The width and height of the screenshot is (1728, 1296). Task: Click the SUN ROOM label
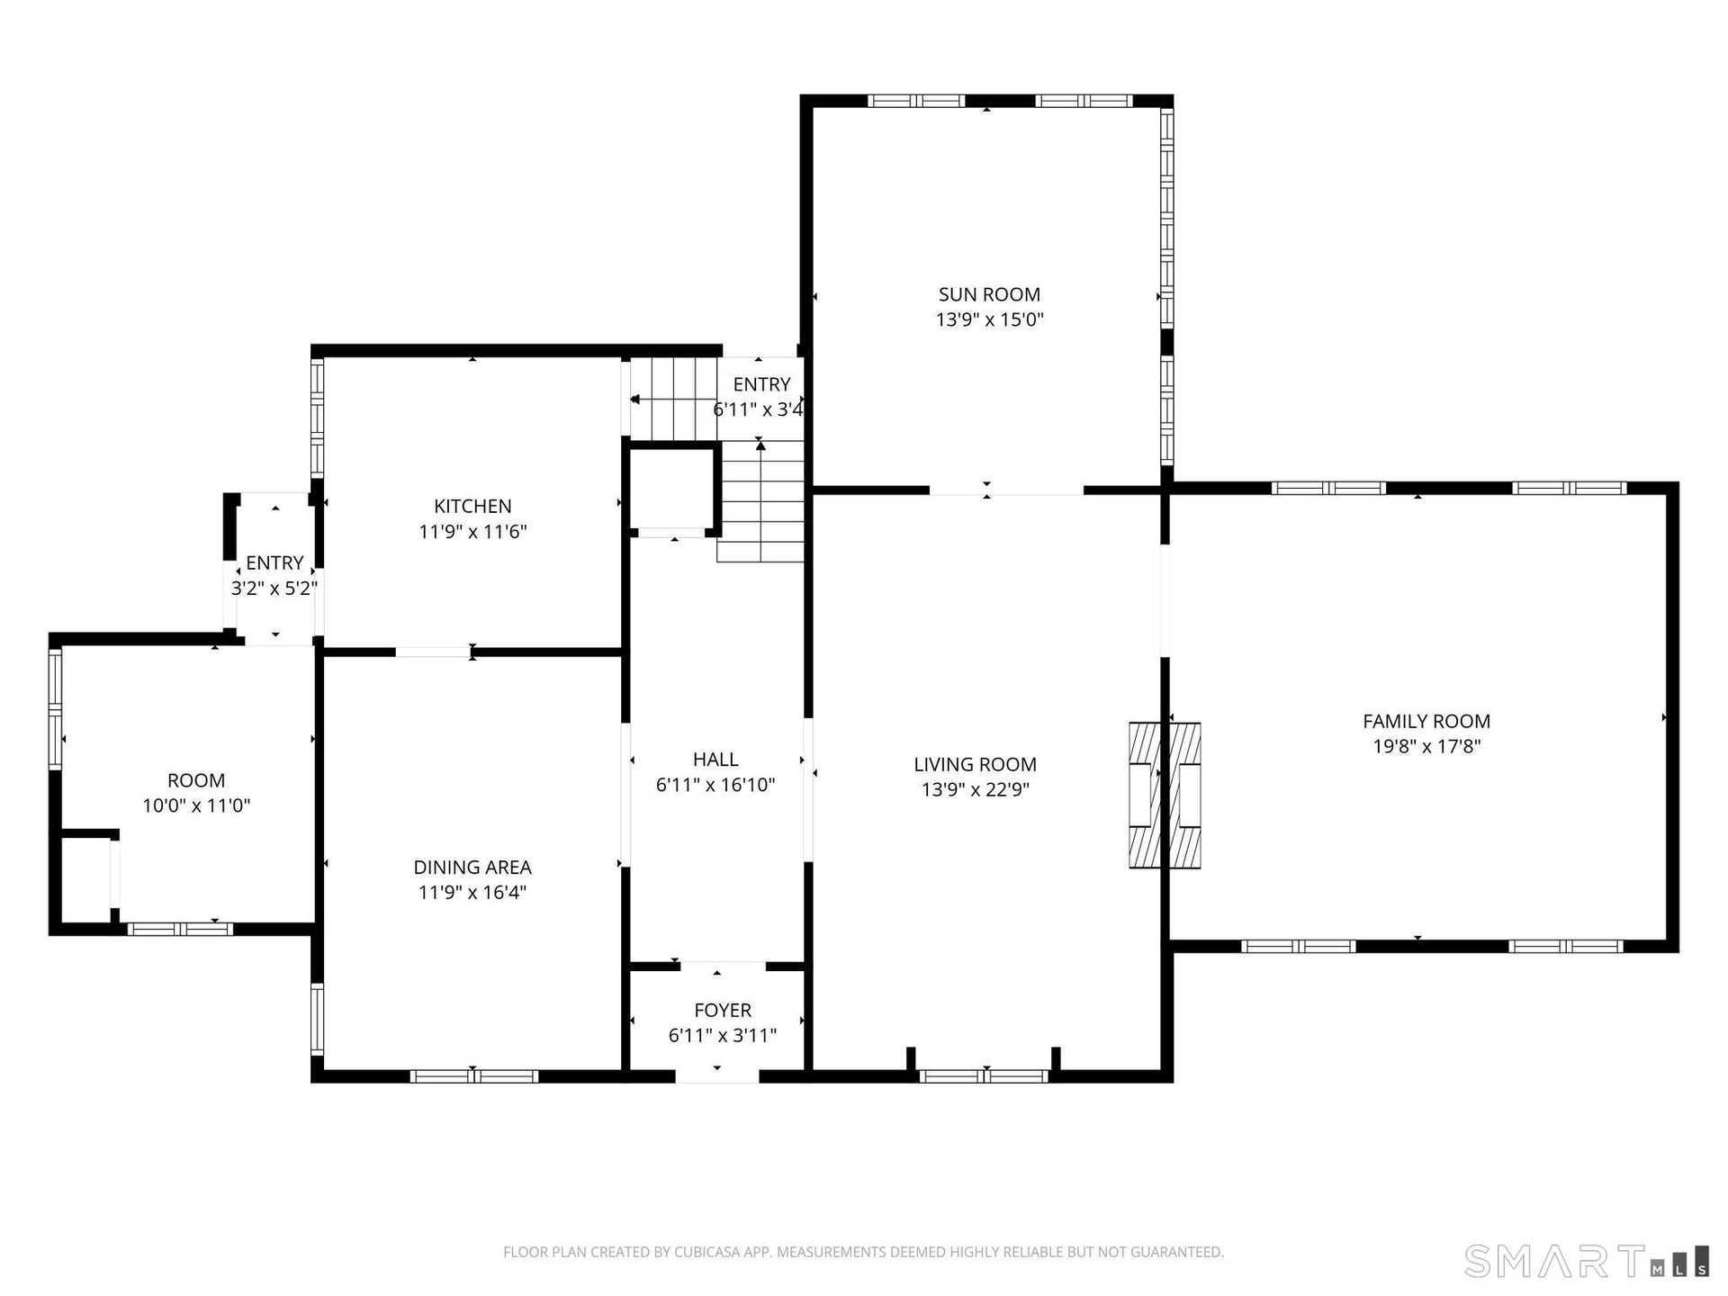tap(989, 294)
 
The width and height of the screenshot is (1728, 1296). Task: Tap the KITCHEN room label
tap(472, 507)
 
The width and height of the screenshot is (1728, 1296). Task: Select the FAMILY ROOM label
tap(1426, 721)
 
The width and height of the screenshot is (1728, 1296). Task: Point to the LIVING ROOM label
tap(975, 764)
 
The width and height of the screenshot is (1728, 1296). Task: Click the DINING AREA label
tap(472, 868)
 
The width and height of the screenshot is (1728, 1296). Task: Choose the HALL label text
tap(715, 760)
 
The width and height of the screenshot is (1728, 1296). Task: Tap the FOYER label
tap(723, 1011)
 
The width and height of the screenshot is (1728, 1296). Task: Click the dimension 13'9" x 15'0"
tap(989, 319)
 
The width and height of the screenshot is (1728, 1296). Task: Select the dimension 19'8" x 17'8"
tap(1426, 746)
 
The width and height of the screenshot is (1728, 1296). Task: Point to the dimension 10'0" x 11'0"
tap(196, 805)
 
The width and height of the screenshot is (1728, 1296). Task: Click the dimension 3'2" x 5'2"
tap(274, 589)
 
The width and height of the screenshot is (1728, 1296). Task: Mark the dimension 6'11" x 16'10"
tap(715, 785)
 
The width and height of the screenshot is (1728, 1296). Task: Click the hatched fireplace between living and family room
tap(1165, 795)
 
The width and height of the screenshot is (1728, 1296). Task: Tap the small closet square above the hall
tap(672, 490)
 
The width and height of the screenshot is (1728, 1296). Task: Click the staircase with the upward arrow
tap(760, 500)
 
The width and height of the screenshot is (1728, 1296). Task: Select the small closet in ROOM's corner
tap(85, 878)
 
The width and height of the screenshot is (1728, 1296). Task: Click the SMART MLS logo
tap(1587, 1261)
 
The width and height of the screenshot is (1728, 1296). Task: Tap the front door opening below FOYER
tap(717, 1076)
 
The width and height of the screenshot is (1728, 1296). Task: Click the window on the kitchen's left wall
tap(317, 417)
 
